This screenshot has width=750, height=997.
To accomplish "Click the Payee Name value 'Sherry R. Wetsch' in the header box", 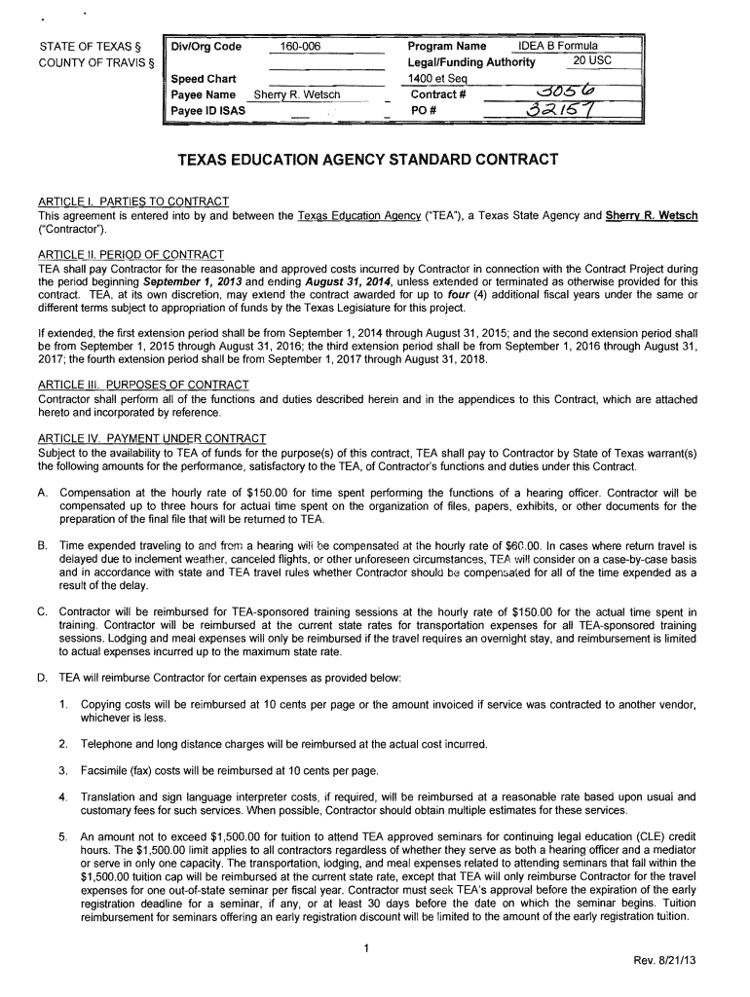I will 296,95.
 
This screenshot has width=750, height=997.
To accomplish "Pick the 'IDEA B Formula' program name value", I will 558,47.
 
